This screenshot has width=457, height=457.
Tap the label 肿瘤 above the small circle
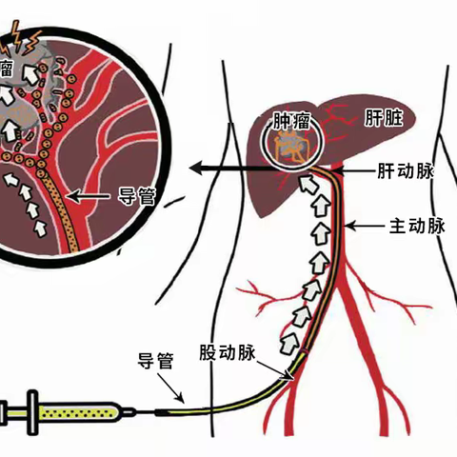point(290,122)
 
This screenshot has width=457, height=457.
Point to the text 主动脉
point(417,227)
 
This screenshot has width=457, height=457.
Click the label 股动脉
point(227,351)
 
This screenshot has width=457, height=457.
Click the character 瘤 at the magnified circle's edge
point(7,69)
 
